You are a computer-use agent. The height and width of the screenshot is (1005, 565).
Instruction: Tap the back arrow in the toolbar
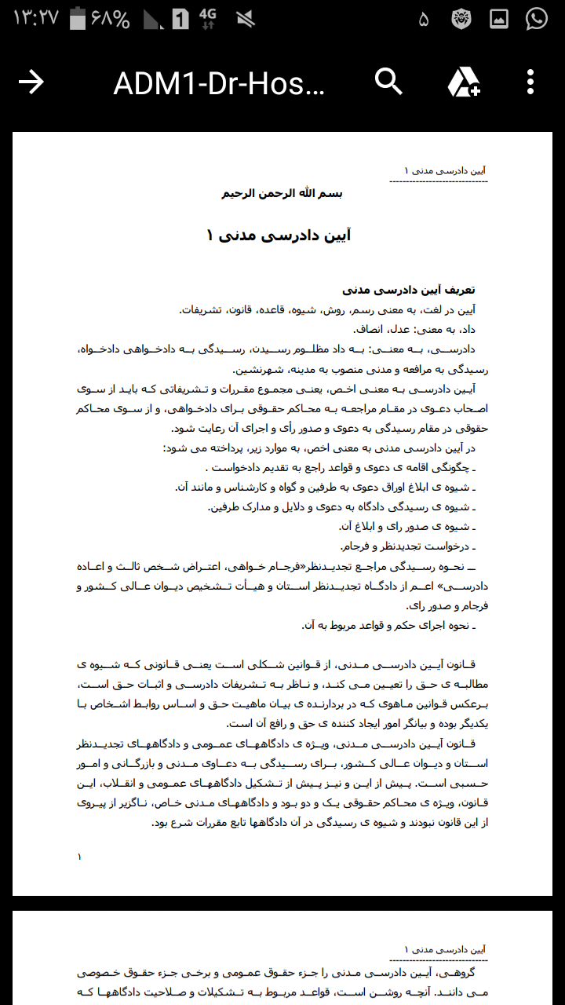[31, 82]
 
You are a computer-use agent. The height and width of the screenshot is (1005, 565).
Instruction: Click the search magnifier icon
[388, 81]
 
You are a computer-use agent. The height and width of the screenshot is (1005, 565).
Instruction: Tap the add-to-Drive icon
[464, 82]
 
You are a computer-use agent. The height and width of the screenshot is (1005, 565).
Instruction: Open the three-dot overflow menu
[530, 82]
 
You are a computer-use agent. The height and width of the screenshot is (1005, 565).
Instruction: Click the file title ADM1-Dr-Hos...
[219, 82]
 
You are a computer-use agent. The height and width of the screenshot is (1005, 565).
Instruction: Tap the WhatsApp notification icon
[537, 19]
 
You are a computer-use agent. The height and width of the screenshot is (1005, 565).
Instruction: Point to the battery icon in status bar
[77, 19]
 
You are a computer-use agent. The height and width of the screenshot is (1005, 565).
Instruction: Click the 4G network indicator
[207, 19]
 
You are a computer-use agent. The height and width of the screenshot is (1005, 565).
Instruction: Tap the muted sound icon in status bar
[244, 19]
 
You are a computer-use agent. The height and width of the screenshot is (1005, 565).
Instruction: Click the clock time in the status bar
[35, 19]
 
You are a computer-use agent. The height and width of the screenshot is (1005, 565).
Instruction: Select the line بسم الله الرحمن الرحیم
[282, 193]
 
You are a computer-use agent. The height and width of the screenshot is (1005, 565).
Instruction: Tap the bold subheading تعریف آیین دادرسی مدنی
[409, 290]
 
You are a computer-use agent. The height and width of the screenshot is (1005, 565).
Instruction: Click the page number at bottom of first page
[79, 857]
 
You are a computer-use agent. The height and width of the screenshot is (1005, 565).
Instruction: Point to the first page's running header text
[444, 170]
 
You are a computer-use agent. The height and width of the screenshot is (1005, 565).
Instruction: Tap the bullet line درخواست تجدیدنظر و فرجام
[408, 546]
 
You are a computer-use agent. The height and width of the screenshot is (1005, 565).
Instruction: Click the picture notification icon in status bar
[499, 19]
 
